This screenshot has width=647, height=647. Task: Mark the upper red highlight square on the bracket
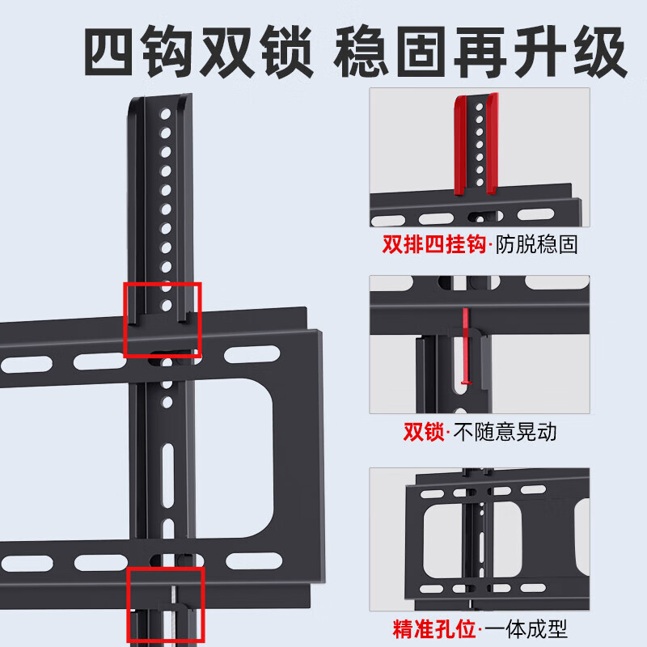pos(162,319)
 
